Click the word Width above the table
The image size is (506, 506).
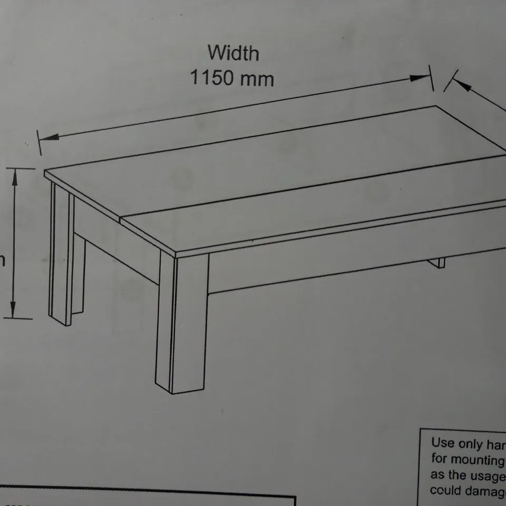(x=233, y=53)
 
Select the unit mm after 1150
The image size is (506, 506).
(x=257, y=79)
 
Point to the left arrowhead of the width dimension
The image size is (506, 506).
(x=48, y=138)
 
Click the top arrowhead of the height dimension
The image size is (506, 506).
(x=15, y=177)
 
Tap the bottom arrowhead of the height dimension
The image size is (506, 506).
(x=14, y=310)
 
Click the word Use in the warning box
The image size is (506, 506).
(x=442, y=443)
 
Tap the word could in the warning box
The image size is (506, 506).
(x=445, y=491)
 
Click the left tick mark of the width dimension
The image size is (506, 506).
(x=38, y=142)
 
